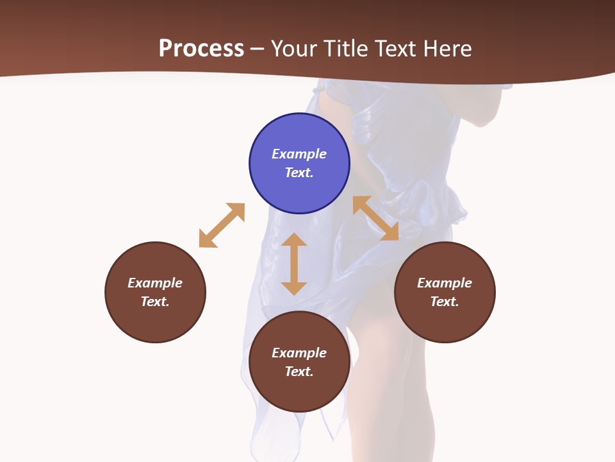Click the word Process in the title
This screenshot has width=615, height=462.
[201, 49]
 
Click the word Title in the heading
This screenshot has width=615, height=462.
[346, 49]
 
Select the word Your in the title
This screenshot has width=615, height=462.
[293, 49]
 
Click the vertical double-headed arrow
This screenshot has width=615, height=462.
[294, 264]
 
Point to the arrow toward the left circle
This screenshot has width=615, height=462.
[222, 225]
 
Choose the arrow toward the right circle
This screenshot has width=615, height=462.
[375, 218]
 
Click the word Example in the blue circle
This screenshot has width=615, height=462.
[299, 154]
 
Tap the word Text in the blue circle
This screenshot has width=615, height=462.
[299, 173]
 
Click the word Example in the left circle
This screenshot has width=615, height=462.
[155, 283]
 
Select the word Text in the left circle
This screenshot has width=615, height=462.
[155, 302]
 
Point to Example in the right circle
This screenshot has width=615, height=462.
[445, 283]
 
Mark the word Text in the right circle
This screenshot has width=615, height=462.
[445, 302]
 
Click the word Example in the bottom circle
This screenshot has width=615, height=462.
[299, 353]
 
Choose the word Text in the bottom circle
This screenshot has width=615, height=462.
[299, 372]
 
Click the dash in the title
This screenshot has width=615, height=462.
[258, 49]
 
